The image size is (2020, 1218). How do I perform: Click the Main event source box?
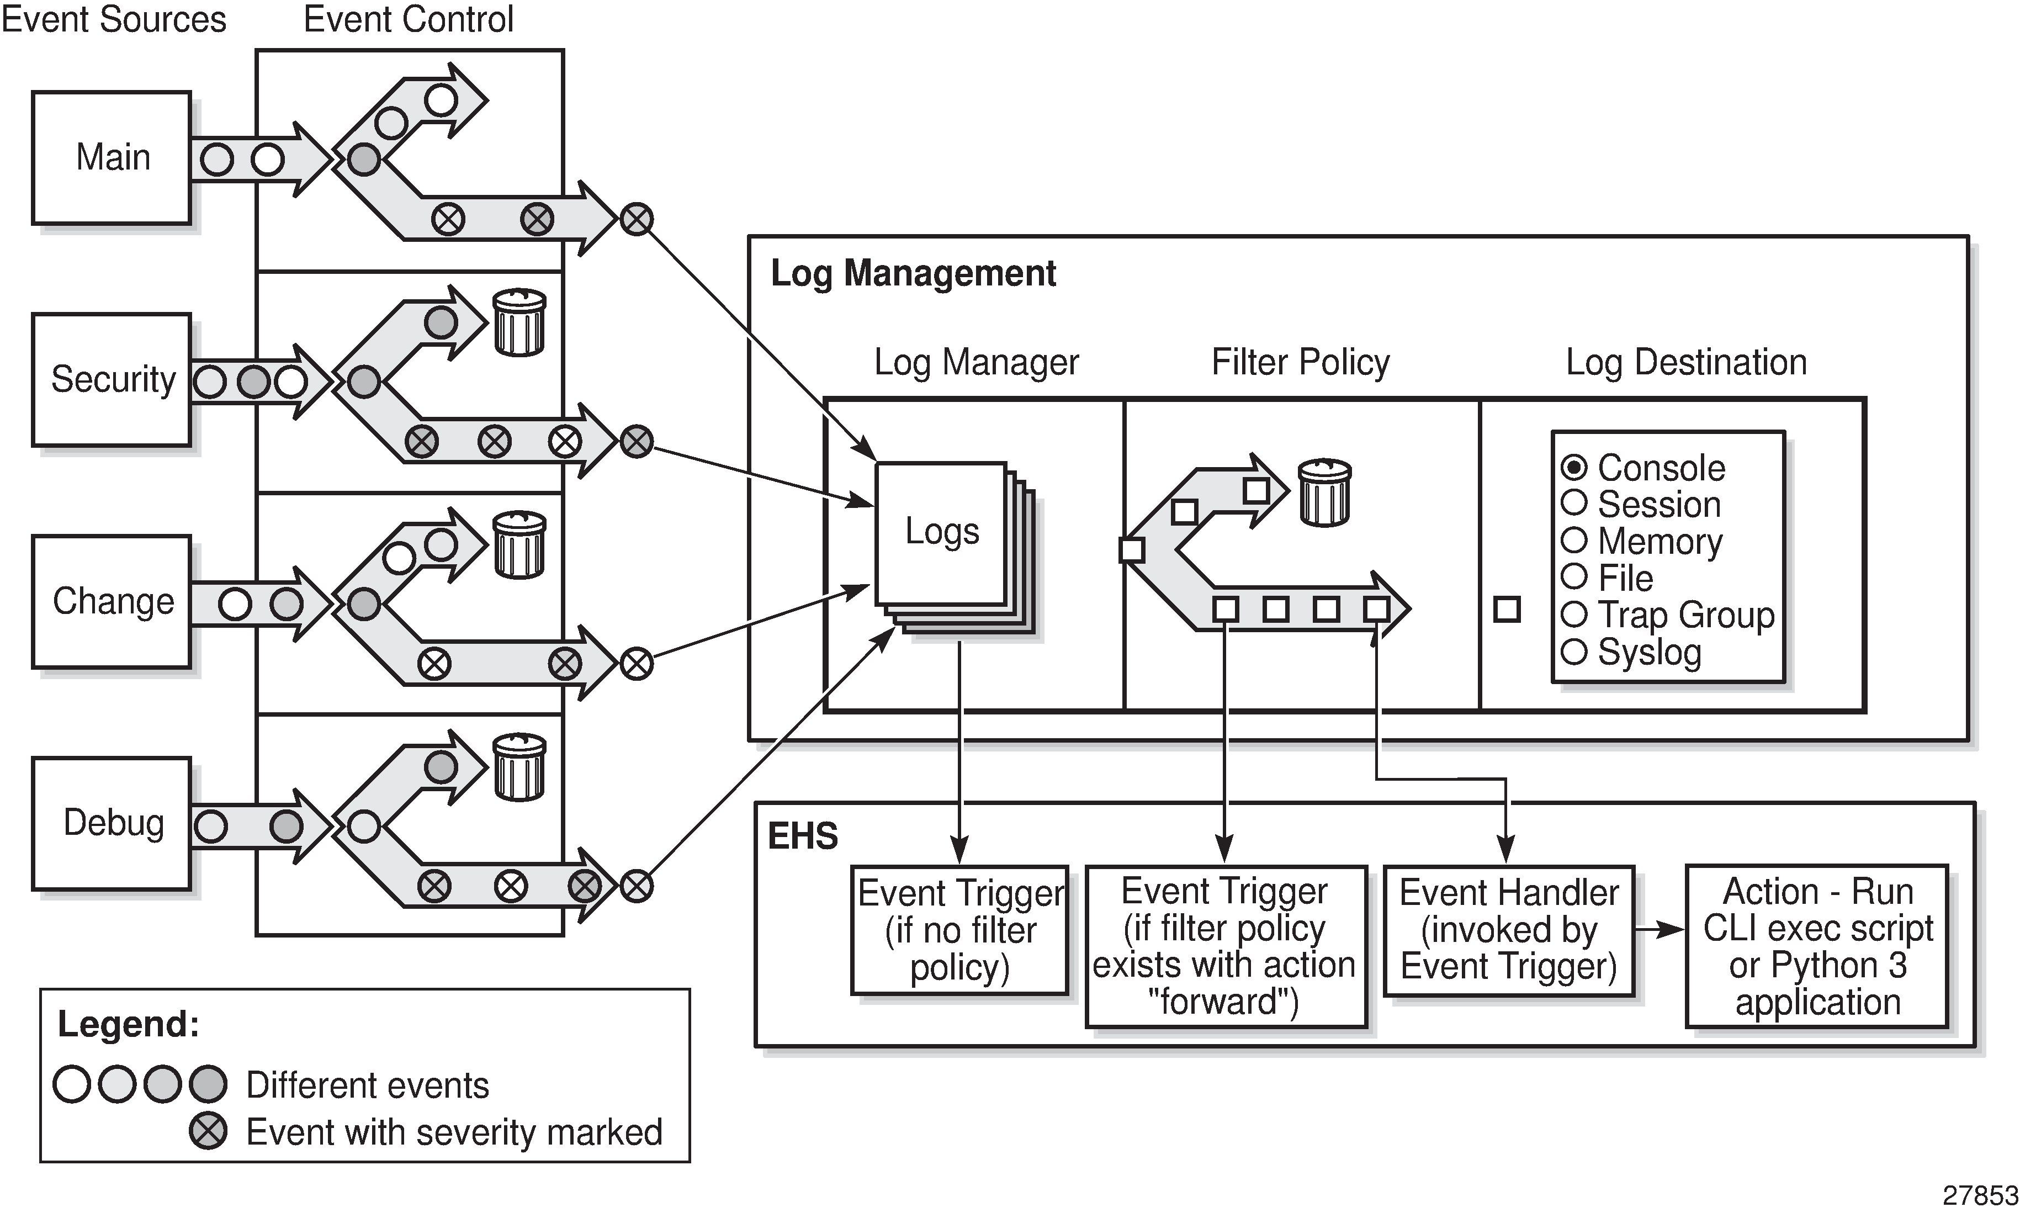click(112, 157)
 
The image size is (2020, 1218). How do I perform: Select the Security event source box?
click(112, 379)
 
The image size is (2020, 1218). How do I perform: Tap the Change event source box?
click(112, 602)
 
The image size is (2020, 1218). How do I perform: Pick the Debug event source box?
click(112, 823)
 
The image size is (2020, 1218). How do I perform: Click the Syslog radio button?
click(1574, 653)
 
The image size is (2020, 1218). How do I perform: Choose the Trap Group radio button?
click(1574, 614)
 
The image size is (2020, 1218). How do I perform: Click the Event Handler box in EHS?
click(1508, 930)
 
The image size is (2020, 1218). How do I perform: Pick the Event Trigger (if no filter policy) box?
click(959, 930)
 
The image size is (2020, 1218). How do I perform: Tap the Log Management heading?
click(913, 273)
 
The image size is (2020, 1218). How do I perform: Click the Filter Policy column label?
click(1300, 362)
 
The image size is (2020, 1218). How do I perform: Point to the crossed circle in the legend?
click(208, 1131)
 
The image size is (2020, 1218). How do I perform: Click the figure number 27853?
click(1980, 1196)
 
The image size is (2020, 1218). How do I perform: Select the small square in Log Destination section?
click(1507, 609)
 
